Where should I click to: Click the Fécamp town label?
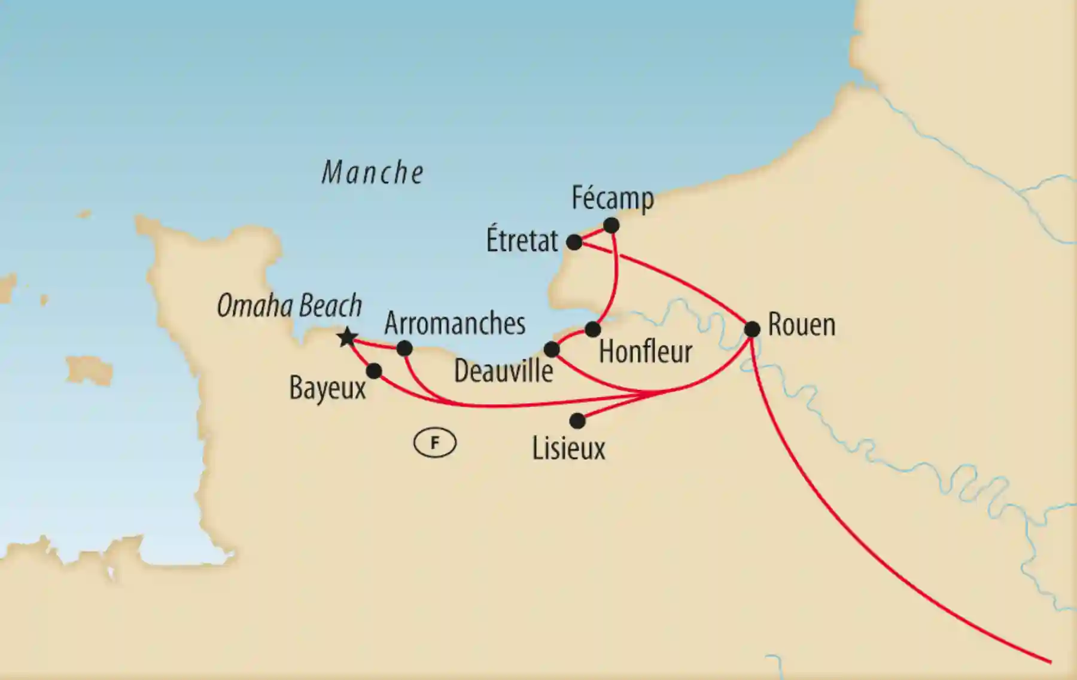[612, 199]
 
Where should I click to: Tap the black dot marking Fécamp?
[611, 225]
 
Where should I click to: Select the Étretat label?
[522, 241]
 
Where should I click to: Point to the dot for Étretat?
[574, 242]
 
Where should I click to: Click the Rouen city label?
[801, 325]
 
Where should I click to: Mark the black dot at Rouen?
[752, 328]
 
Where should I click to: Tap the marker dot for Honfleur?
[592, 329]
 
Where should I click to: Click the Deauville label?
[503, 371]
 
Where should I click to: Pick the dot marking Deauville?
[551, 349]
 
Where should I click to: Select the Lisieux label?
[568, 449]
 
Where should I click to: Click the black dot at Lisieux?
[577, 421]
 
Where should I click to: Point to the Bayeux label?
[327, 388]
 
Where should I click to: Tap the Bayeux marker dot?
[374, 371]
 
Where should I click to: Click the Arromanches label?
[455, 324]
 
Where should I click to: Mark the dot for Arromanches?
[404, 348]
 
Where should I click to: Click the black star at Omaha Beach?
[347, 337]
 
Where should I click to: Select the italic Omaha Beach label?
[290, 306]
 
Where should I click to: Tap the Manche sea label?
[373, 173]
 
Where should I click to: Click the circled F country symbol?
[435, 443]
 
